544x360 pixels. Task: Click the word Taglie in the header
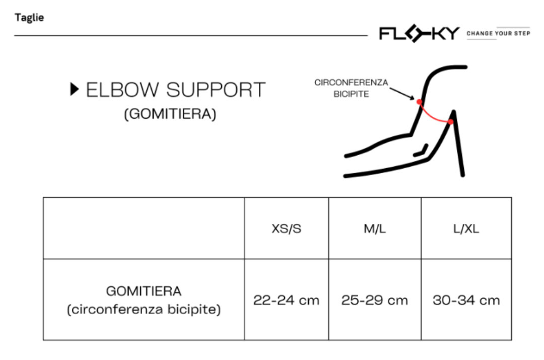(29, 18)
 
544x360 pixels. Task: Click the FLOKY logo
(419, 34)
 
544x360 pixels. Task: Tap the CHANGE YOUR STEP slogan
(498, 34)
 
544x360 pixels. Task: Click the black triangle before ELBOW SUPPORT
(75, 90)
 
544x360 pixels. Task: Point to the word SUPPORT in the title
(216, 90)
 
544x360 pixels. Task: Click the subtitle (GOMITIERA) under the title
(170, 114)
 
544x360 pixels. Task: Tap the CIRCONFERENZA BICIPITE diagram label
(351, 88)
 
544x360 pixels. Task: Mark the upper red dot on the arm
(419, 102)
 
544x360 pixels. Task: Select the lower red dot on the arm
(450, 122)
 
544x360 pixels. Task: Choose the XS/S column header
(286, 229)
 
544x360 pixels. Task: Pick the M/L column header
(374, 229)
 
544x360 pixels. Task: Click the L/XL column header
(466, 229)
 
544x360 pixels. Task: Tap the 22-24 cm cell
(286, 301)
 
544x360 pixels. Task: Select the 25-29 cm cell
(374, 301)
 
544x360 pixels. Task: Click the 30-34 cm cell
(466, 301)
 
